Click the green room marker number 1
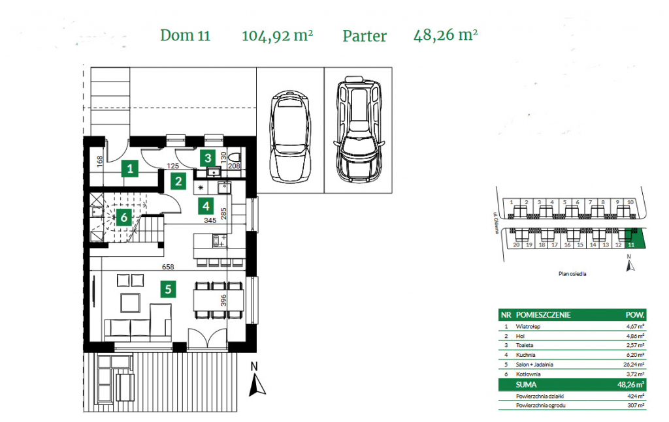[x=131, y=168]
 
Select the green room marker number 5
[x=169, y=288]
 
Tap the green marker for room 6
[x=123, y=217]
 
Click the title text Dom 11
[x=185, y=36]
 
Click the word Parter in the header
[x=364, y=36]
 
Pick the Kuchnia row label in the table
[x=527, y=355]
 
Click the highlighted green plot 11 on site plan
[x=632, y=238]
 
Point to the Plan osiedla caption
[x=572, y=274]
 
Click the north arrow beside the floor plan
[x=258, y=383]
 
